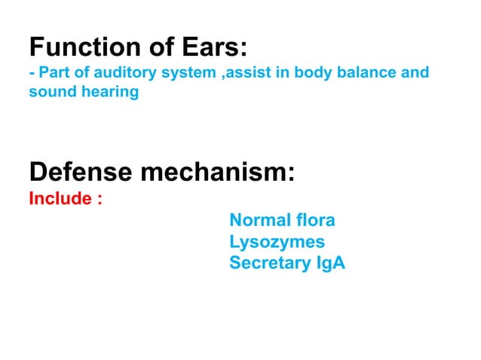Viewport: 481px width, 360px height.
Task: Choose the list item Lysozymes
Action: point(277,242)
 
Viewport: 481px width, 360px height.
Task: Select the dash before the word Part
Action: point(32,74)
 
